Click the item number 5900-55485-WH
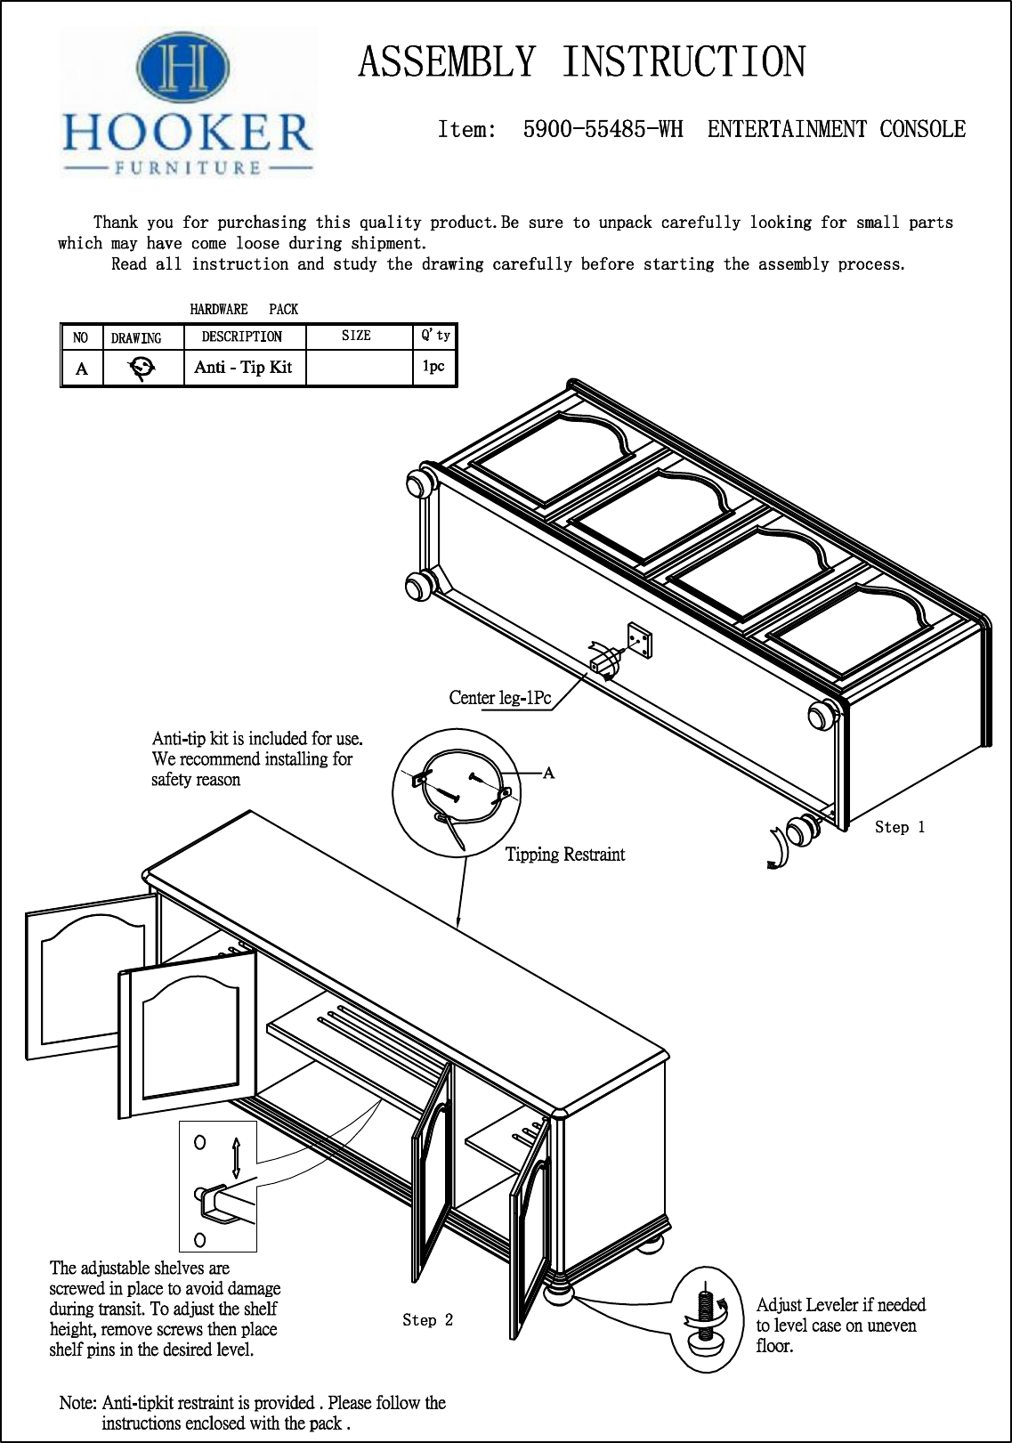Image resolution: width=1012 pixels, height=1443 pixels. coord(603,130)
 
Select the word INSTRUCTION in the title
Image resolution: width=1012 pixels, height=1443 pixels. coord(683,62)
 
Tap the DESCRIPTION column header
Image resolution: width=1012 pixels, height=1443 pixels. coord(242,336)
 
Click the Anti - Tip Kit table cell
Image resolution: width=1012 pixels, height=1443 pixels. coord(243,368)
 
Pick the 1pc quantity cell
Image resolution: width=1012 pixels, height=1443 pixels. coord(433,367)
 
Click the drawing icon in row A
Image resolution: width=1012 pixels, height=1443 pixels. coord(142,368)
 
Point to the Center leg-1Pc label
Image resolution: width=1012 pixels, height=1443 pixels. coord(499,698)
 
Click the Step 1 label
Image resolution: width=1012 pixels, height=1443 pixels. coord(899,828)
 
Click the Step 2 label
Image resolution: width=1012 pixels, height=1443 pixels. coord(427,1320)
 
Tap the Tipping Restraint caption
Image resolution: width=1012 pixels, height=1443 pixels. coord(565,855)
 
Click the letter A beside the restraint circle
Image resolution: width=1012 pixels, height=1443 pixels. coord(548,773)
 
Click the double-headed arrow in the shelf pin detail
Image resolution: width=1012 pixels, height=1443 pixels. coord(236,1157)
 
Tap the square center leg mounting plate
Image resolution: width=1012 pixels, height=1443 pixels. coord(638,640)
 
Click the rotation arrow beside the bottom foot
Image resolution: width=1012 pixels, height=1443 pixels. coord(778,847)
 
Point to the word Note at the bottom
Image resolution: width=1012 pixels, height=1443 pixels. coord(77,1403)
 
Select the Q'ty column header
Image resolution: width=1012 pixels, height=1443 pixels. coord(435,336)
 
